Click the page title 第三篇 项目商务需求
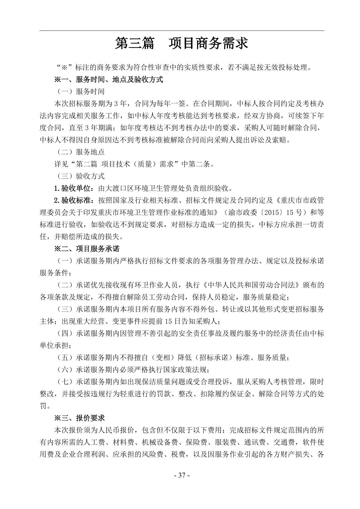point(181,44)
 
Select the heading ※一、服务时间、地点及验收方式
point(109,79)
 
